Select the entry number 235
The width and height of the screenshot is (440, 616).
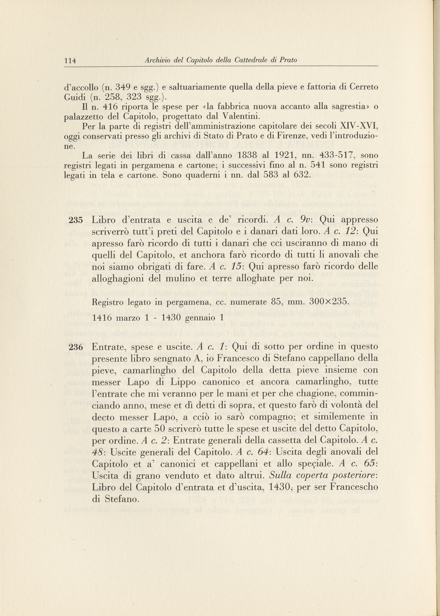click(76, 220)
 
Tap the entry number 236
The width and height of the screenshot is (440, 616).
click(76, 347)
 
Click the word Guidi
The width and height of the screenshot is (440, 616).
click(72, 97)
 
